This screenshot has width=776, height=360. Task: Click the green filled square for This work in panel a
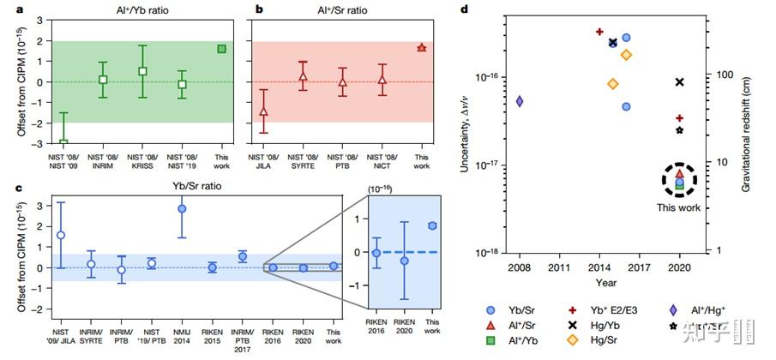221,49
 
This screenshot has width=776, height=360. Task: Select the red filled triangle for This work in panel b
421,48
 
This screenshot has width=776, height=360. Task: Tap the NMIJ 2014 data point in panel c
182,208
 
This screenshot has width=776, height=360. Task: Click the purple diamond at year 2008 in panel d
520,101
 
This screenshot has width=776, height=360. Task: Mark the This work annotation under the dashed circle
679,207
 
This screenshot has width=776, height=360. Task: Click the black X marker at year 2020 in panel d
679,82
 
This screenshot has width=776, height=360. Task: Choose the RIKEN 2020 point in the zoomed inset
404,260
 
